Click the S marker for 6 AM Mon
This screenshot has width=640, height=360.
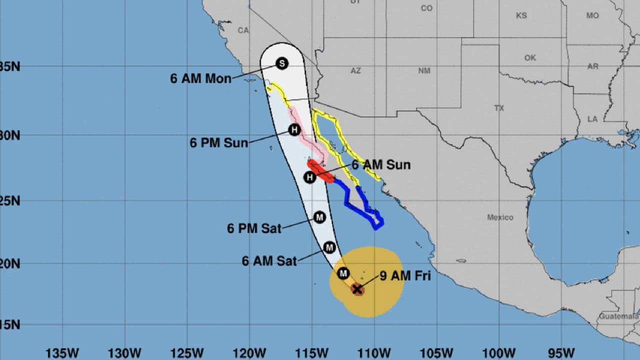click(282, 63)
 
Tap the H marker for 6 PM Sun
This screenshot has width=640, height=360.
click(294, 130)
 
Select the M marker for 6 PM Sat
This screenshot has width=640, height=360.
click(319, 217)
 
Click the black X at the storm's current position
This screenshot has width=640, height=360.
click(357, 289)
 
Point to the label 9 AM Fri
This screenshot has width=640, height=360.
click(405, 275)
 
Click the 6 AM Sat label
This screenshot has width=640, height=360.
click(269, 261)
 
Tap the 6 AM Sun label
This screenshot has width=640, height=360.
click(381, 165)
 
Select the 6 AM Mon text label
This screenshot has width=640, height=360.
click(200, 79)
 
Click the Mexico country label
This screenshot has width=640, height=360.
click(500, 217)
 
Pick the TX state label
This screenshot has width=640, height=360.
click(499, 108)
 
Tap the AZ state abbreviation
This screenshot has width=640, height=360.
click(355, 71)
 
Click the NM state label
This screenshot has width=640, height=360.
click(424, 71)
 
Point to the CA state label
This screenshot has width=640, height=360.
click(243, 30)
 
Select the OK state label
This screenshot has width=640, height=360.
click(530, 58)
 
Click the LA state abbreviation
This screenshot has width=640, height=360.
click(592, 119)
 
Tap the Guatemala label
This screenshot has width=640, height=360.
click(619, 316)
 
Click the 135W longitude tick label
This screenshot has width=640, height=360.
click(62, 353)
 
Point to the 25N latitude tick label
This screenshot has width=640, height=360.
click(10, 201)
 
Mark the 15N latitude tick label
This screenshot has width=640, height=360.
click(10, 325)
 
